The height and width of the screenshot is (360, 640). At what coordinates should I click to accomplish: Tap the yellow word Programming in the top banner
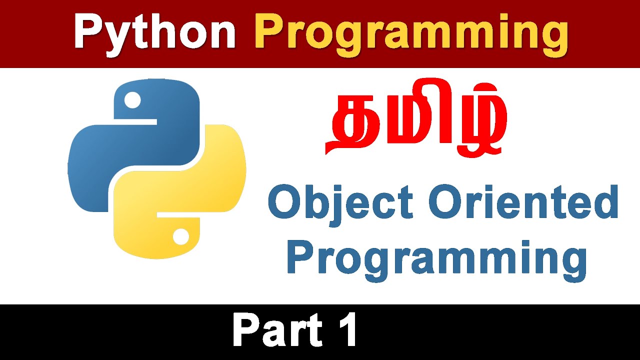(x=411, y=34)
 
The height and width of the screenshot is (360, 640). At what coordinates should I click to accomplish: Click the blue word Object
(x=340, y=205)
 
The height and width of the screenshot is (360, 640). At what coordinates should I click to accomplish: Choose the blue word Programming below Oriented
(x=437, y=259)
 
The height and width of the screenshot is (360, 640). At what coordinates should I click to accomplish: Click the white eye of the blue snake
(x=132, y=100)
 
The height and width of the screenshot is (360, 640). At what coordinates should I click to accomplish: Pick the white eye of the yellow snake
(x=181, y=236)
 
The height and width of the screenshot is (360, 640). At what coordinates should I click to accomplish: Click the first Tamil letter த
(x=354, y=123)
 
